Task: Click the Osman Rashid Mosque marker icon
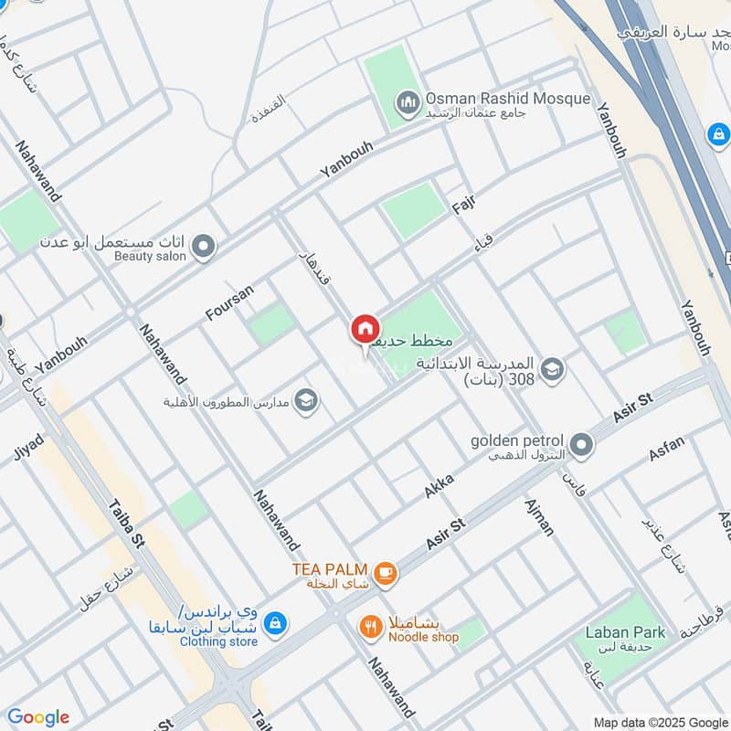(408, 100)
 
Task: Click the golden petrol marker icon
(582, 446)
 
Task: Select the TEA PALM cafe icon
(386, 573)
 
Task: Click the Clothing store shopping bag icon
(271, 624)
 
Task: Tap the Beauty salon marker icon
(204, 246)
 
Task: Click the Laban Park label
(625, 632)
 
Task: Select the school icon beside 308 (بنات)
(552, 370)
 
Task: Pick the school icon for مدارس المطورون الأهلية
(306, 401)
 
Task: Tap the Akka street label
(439, 485)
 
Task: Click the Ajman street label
(540, 517)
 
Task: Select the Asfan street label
(666, 449)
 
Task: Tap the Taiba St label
(126, 524)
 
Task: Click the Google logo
(37, 717)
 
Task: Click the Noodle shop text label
(423, 637)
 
